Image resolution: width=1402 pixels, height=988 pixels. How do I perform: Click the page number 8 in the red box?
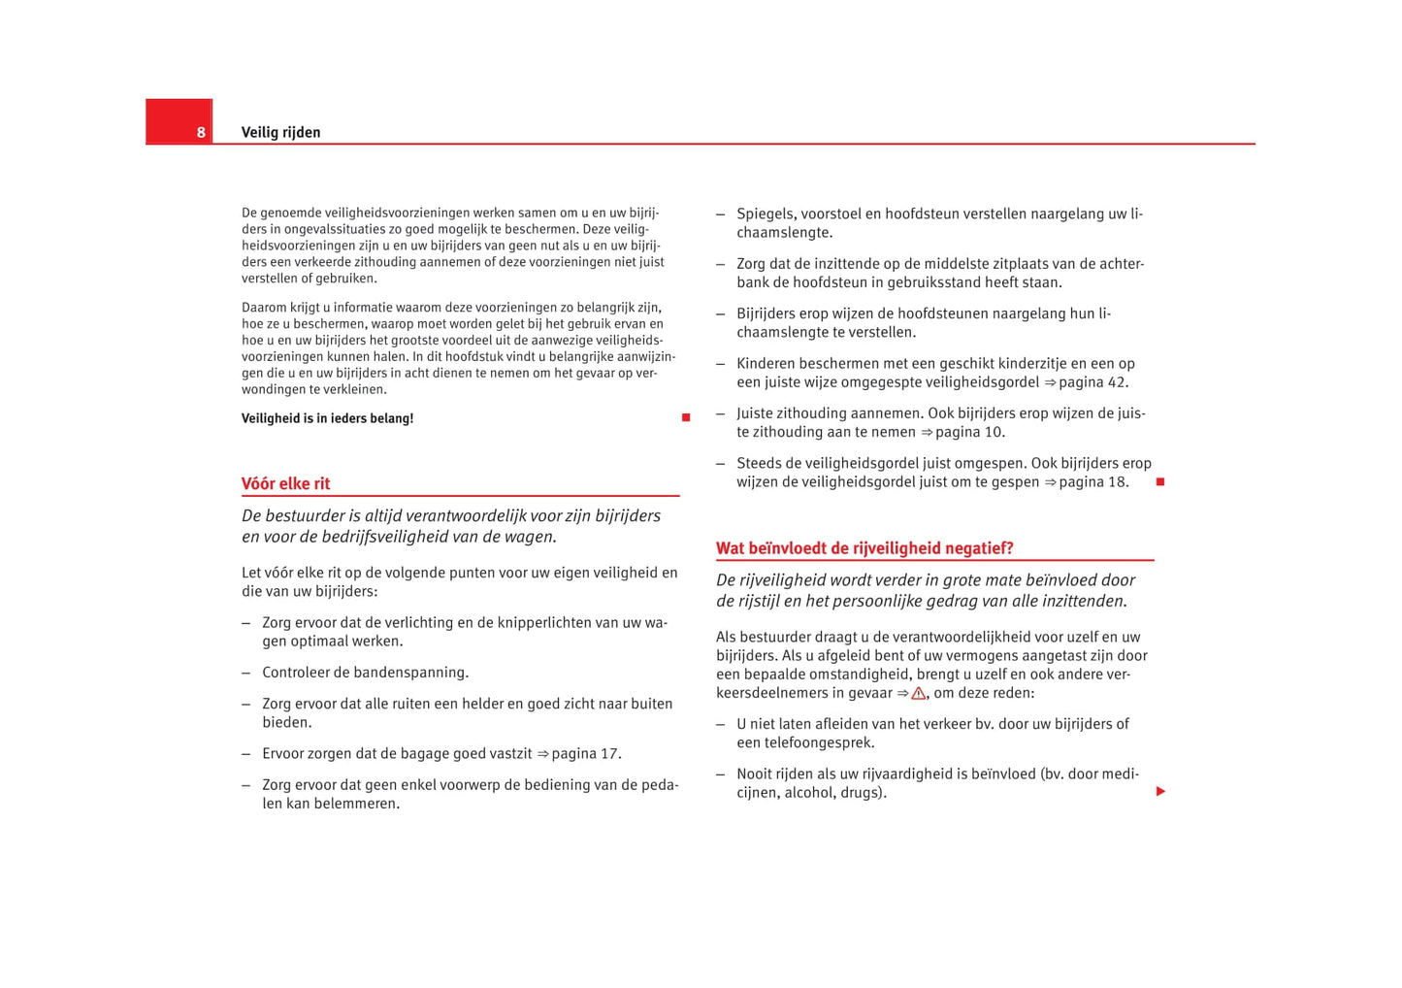201,132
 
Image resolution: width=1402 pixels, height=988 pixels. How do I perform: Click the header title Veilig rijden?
280,132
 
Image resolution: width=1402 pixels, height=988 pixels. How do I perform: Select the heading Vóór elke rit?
285,483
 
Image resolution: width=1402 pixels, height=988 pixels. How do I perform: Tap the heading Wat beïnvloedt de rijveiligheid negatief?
864,548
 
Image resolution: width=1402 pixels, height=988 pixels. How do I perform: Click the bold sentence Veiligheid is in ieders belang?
327,418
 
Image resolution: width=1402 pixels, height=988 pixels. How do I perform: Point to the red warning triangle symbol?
918,693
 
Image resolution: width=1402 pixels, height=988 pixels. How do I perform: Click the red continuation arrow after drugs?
1160,792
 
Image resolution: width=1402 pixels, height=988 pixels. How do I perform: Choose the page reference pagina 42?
1092,382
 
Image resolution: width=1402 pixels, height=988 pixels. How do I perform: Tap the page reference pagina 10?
969,432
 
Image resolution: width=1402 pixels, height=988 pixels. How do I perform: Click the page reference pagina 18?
1092,482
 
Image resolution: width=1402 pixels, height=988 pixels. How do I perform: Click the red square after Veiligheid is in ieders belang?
686,417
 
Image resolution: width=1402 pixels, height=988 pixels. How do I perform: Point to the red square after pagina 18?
1159,482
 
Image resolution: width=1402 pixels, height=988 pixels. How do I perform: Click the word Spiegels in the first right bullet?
765,214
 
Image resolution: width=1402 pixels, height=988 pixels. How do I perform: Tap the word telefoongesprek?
818,742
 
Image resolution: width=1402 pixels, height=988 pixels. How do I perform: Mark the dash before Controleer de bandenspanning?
246,673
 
